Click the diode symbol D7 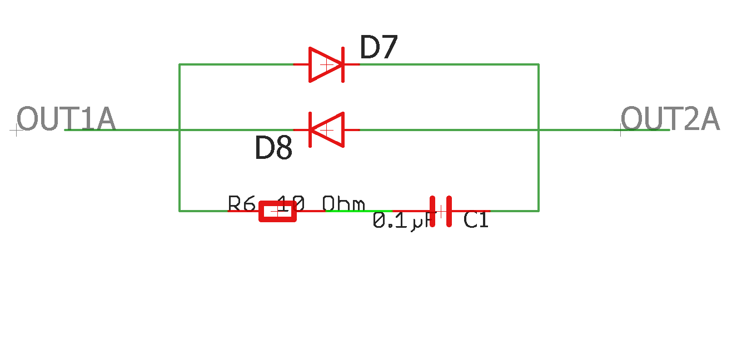tap(327, 64)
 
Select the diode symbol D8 tap(327, 130)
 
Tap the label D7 tap(379, 48)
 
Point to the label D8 tap(273, 148)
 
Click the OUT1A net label tap(66, 119)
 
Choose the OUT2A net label tap(670, 119)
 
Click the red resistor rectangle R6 tap(278, 211)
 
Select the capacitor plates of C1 tap(441, 211)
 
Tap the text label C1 tap(476, 221)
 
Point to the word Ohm tap(344, 204)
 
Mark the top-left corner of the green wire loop tap(180, 64)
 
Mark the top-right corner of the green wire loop tap(539, 64)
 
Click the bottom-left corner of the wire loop tap(180, 211)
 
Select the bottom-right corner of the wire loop tap(539, 211)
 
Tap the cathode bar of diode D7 tap(343, 64)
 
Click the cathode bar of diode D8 tap(310, 130)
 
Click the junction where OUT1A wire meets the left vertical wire tap(180, 130)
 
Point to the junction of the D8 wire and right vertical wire tap(539, 130)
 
